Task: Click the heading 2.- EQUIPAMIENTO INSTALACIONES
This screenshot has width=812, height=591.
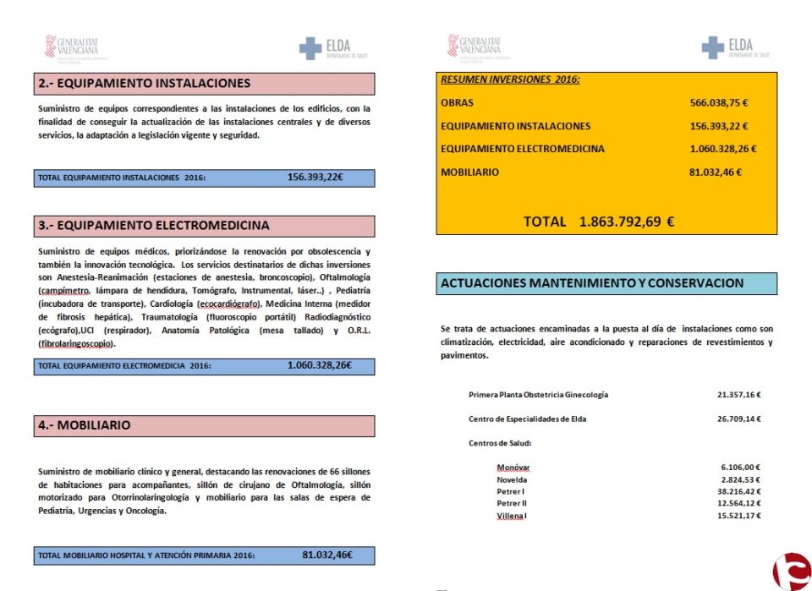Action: click(145, 84)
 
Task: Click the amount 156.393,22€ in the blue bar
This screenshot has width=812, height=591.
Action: click(314, 178)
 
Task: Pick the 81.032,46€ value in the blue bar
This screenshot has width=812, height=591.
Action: click(326, 555)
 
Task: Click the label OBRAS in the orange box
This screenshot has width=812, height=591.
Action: click(458, 103)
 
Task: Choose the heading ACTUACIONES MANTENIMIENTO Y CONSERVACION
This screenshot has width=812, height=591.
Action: click(592, 283)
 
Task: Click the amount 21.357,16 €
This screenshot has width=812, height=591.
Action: click(739, 395)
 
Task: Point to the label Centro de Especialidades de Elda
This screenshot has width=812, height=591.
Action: click(527, 419)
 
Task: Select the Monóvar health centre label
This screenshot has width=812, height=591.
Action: click(513, 468)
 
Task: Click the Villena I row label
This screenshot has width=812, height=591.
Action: click(512, 516)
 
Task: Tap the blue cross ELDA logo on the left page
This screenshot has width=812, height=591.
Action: click(325, 48)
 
